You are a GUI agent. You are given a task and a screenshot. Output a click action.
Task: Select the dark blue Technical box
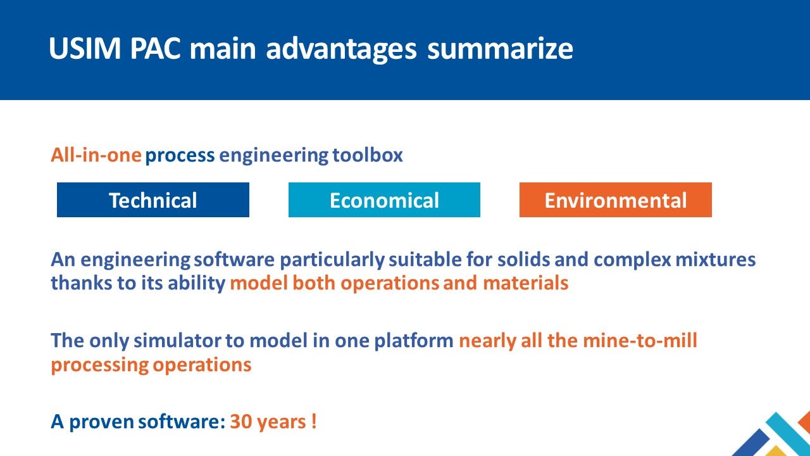(x=153, y=200)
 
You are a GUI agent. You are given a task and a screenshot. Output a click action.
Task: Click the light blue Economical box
(x=384, y=200)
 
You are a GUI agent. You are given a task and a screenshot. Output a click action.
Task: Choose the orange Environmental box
(x=615, y=200)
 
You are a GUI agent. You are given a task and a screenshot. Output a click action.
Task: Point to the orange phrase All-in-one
(x=96, y=155)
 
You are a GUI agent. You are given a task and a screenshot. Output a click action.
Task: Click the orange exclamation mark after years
(x=314, y=422)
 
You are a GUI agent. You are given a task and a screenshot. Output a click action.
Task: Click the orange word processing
(x=100, y=365)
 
